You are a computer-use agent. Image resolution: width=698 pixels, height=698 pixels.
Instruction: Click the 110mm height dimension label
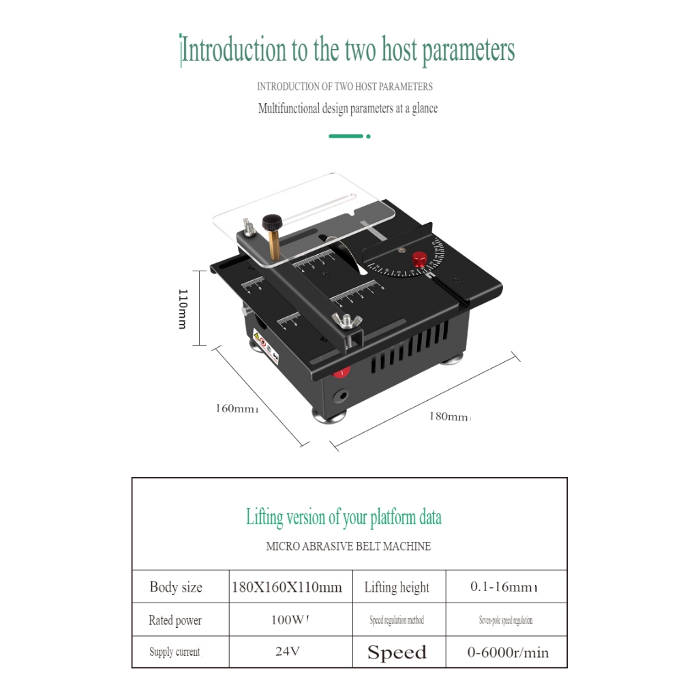(x=182, y=308)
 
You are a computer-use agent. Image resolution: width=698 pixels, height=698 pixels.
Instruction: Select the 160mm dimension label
(x=235, y=408)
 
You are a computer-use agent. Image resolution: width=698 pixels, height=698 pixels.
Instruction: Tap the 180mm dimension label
(x=449, y=416)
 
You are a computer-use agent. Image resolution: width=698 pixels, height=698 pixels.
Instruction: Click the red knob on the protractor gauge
(x=419, y=258)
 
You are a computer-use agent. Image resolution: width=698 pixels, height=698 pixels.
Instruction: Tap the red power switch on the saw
(x=342, y=371)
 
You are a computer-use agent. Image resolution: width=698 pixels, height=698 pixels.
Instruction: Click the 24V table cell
(x=288, y=652)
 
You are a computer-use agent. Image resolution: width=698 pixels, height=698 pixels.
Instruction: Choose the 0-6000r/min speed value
(x=508, y=652)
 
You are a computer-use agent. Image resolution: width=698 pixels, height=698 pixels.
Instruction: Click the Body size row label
(x=176, y=587)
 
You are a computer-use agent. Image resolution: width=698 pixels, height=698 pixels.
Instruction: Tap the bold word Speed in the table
(x=397, y=652)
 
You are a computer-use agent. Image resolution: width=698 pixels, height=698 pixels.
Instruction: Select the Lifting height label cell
(x=397, y=587)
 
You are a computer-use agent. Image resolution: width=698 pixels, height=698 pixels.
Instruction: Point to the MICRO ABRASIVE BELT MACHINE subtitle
(x=348, y=546)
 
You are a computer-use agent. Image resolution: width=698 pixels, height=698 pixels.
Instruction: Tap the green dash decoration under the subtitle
(x=346, y=136)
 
